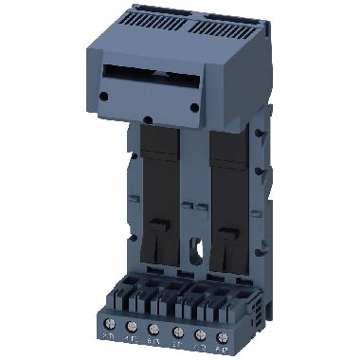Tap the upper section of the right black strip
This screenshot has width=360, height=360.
[228, 156]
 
